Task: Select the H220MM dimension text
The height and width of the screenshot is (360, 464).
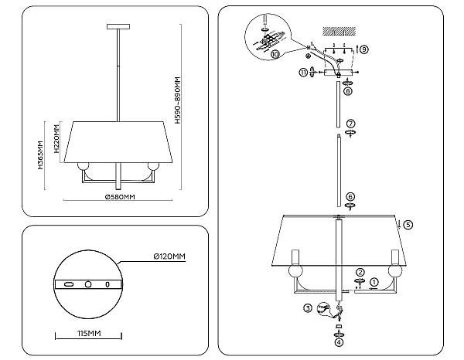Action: click(x=56, y=139)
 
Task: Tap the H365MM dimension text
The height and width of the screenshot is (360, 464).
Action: click(x=40, y=155)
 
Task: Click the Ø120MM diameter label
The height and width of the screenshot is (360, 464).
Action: click(x=169, y=256)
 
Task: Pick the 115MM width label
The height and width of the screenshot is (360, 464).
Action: click(x=89, y=334)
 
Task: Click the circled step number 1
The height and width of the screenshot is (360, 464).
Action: click(x=374, y=282)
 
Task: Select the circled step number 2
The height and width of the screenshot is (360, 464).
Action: click(x=360, y=272)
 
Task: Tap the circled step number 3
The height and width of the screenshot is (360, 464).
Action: click(x=308, y=308)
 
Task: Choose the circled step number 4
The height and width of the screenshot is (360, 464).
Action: click(x=339, y=342)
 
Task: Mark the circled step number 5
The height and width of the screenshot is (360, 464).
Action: click(x=408, y=225)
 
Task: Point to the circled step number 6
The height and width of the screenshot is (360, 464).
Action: click(x=350, y=197)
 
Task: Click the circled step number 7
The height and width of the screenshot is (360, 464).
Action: click(x=350, y=124)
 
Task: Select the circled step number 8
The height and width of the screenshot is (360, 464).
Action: click(x=348, y=91)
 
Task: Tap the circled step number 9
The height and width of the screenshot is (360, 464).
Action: click(x=364, y=49)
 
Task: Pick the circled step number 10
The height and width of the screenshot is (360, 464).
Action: click(x=275, y=54)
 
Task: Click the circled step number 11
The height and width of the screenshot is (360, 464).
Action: click(x=303, y=73)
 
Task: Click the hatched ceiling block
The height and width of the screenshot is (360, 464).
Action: click(x=339, y=31)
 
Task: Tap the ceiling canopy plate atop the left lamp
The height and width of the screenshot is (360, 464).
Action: click(x=118, y=26)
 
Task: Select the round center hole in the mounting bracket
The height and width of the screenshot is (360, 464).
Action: click(x=88, y=284)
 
